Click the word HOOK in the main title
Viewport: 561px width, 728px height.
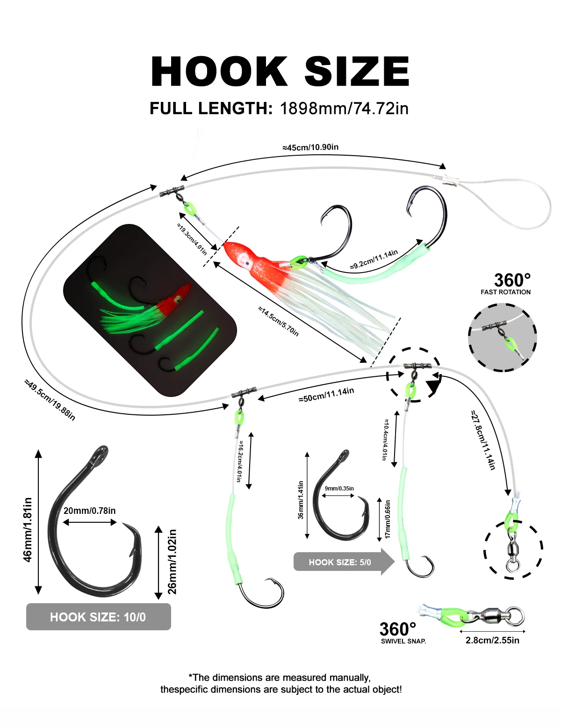[x=219, y=72]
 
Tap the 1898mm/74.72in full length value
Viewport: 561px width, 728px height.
[x=344, y=108]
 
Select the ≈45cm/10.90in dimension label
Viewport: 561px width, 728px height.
[x=310, y=147]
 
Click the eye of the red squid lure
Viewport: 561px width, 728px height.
[x=247, y=263]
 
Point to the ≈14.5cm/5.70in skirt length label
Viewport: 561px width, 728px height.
[x=278, y=321]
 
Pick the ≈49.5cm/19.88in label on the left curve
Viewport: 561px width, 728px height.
[x=50, y=400]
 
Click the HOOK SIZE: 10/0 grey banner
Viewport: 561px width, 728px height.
[x=99, y=617]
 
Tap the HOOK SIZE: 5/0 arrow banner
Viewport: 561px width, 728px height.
[x=344, y=562]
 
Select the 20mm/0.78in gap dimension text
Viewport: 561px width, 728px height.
[x=89, y=511]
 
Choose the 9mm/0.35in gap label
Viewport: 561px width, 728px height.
[x=339, y=488]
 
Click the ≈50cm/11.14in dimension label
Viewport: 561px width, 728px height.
[x=326, y=395]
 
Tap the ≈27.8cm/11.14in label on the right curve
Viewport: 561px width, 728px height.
[x=482, y=439]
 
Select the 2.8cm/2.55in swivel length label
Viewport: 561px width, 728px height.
[x=492, y=640]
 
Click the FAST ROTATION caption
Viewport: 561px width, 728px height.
[x=505, y=292]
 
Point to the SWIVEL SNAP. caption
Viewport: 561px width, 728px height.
[x=403, y=641]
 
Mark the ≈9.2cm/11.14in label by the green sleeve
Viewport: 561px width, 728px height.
[x=374, y=259]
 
